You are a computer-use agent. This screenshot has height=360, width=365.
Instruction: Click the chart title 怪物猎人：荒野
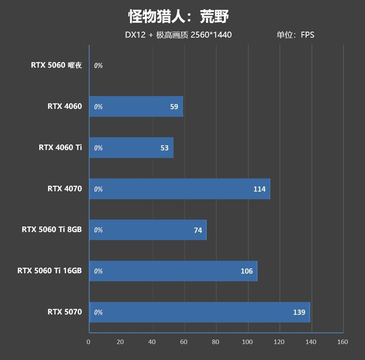pos(178,17)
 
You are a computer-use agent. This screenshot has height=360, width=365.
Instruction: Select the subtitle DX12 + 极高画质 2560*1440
pos(178,35)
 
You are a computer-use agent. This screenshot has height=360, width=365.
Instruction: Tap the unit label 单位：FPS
pos(295,35)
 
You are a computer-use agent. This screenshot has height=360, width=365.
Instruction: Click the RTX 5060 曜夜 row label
pos(57,65)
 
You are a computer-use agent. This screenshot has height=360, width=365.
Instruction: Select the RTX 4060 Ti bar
pos(131,148)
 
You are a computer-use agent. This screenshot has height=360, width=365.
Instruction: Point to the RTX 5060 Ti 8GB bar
pos(148,230)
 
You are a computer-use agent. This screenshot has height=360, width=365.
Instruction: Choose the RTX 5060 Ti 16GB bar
pos(173,271)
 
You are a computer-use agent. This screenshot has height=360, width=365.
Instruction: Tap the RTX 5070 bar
pos(199,312)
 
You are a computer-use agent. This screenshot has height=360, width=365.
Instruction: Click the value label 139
pos(299,312)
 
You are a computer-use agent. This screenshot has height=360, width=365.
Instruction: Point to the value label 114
pos(259,189)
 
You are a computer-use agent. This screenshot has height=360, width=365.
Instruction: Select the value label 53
pos(164,148)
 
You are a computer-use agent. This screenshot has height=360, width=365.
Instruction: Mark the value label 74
pos(198,230)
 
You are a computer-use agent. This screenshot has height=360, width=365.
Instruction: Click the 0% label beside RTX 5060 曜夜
pos(98,66)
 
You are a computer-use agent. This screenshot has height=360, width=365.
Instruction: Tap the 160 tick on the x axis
pos(343,342)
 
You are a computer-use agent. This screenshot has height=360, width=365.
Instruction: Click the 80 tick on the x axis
pos(215,342)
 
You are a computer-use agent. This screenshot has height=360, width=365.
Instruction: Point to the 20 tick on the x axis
pos(120,342)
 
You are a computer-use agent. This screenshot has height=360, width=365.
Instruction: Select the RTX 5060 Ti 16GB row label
pos(49,271)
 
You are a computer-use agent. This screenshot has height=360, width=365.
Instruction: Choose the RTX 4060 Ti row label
pos(60,148)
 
